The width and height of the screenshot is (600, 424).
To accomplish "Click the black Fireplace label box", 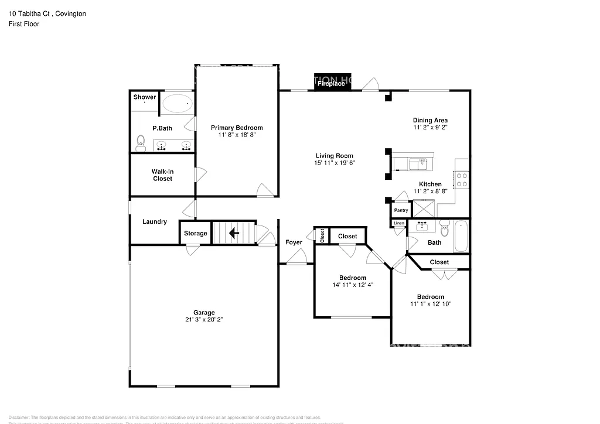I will coord(332,84).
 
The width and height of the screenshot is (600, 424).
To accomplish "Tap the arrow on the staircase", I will coord(234,234).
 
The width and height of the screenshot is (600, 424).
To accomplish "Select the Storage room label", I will coord(195,233).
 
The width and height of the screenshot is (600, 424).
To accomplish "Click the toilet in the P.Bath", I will coord(141,142).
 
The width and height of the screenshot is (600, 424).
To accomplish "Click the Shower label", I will coord(145,97).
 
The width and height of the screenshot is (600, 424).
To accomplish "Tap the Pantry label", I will coord(401,210).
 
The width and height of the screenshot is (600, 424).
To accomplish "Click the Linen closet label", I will coord(398,223).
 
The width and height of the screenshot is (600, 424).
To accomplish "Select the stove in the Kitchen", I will coord(461,179).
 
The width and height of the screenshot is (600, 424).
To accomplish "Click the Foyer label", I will coord(294,242).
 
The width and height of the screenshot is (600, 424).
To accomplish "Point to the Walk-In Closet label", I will coord(162,175).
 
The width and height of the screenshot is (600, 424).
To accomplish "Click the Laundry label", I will coord(155,222).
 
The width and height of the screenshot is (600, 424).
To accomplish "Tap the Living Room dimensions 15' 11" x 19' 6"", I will coord(335,163).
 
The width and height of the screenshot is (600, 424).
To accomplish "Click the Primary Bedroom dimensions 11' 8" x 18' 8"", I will coord(237,135).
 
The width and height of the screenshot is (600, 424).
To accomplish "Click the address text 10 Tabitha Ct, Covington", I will coord(47,13).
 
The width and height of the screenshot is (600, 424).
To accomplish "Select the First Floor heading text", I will coord(24,24).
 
